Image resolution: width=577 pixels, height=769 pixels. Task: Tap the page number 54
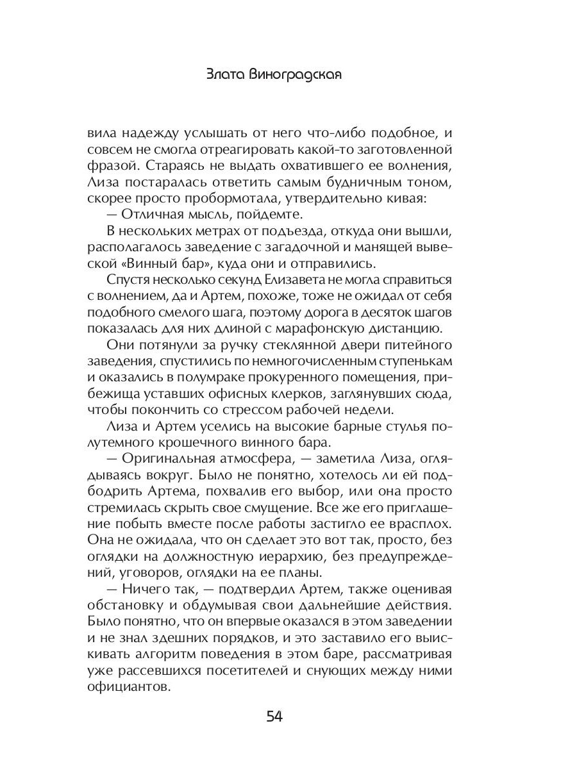[x=274, y=716]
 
